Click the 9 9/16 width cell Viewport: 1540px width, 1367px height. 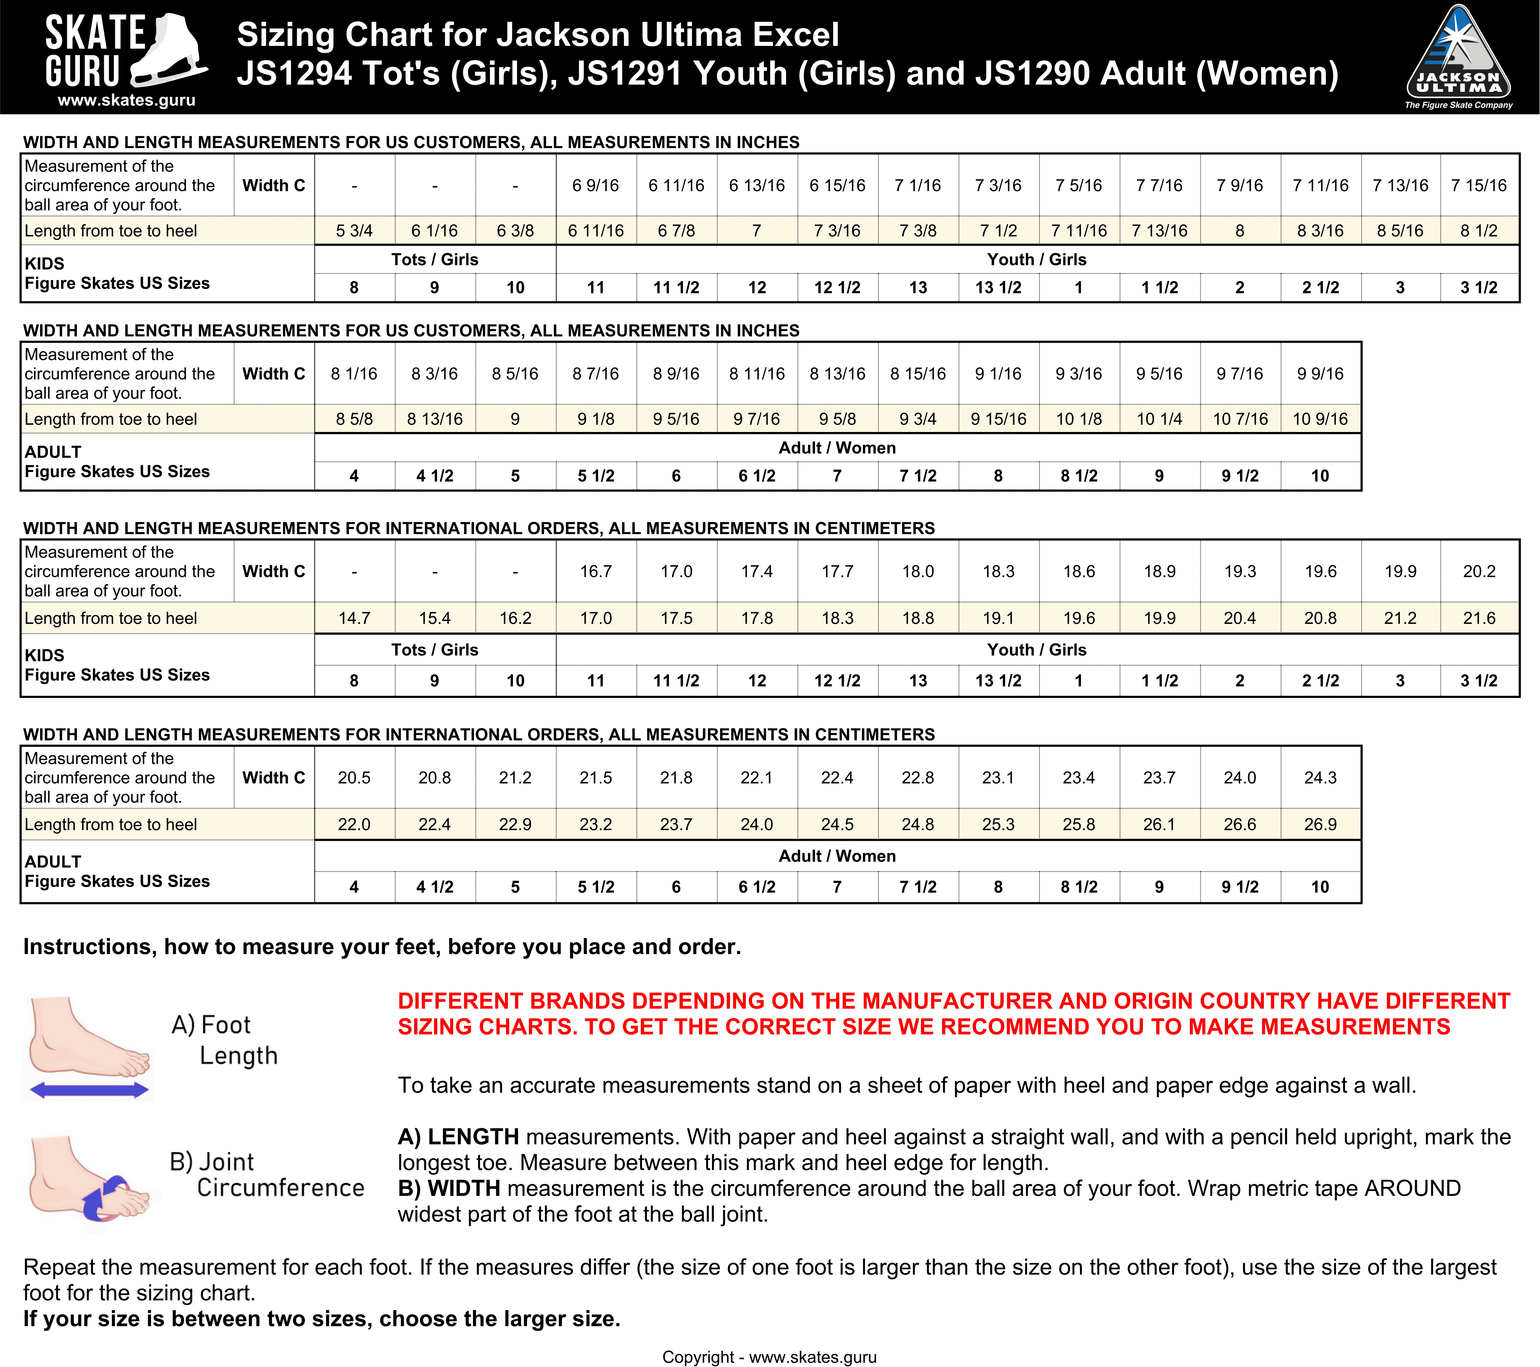coord(1320,374)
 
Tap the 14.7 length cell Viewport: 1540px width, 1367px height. coord(354,618)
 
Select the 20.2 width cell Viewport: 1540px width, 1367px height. coord(1479,572)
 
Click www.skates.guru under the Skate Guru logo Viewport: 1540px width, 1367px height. coord(127,100)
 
